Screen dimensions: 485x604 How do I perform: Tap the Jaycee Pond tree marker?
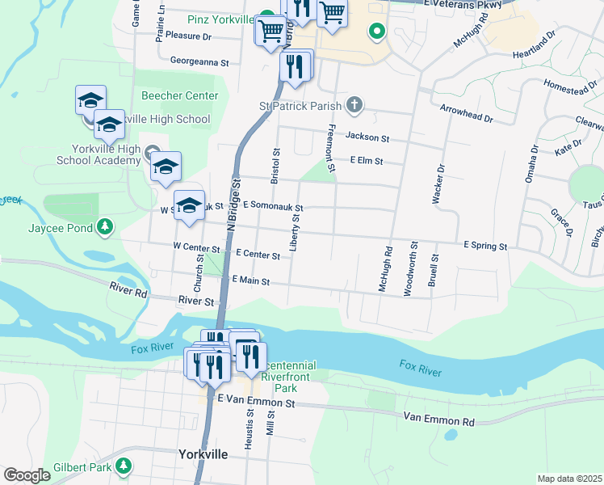pyautogui.click(x=104, y=228)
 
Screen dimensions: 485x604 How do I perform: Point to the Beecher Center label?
pyautogui.click(x=179, y=95)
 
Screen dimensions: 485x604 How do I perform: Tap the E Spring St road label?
pyautogui.click(x=484, y=246)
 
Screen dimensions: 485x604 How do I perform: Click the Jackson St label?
pyautogui.click(x=367, y=138)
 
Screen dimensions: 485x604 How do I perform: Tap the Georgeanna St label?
pyautogui.click(x=200, y=61)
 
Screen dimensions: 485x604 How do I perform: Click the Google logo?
pyautogui.click(x=27, y=475)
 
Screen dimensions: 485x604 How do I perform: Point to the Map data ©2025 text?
pyautogui.click(x=568, y=479)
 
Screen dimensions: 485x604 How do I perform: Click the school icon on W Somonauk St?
pyautogui.click(x=189, y=206)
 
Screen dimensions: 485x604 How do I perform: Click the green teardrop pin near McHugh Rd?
pyautogui.click(x=375, y=32)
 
